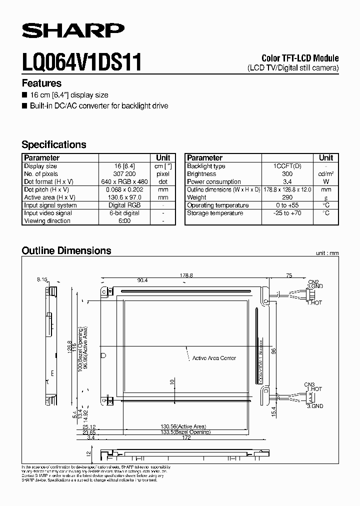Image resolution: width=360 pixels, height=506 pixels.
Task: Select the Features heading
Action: [x=41, y=83]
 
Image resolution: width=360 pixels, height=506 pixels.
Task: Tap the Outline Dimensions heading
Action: [x=66, y=250]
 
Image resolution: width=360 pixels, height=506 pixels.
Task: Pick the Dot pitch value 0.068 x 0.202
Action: [x=125, y=189]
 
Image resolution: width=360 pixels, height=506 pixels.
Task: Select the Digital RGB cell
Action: [x=125, y=205]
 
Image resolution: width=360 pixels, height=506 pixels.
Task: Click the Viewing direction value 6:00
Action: [x=125, y=220]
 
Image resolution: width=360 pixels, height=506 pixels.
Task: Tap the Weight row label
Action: [x=196, y=197]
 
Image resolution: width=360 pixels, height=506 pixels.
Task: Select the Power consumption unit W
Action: [x=326, y=182]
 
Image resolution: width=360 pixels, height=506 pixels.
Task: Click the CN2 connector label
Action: [x=313, y=282]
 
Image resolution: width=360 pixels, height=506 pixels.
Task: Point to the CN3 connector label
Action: [x=310, y=384]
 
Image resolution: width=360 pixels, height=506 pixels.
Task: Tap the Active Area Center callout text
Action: [x=214, y=358]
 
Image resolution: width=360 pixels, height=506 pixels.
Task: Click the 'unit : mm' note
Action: [x=327, y=253]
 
